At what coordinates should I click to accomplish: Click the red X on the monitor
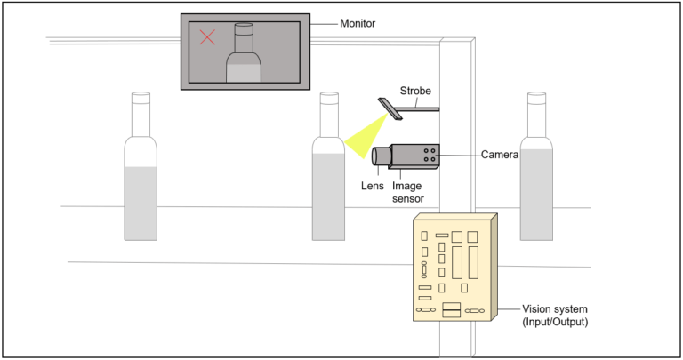click(207, 37)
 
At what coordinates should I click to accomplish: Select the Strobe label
click(417, 91)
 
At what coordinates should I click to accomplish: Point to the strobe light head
click(390, 108)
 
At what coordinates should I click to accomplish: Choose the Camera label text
click(502, 155)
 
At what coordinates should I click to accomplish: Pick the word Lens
click(373, 187)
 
